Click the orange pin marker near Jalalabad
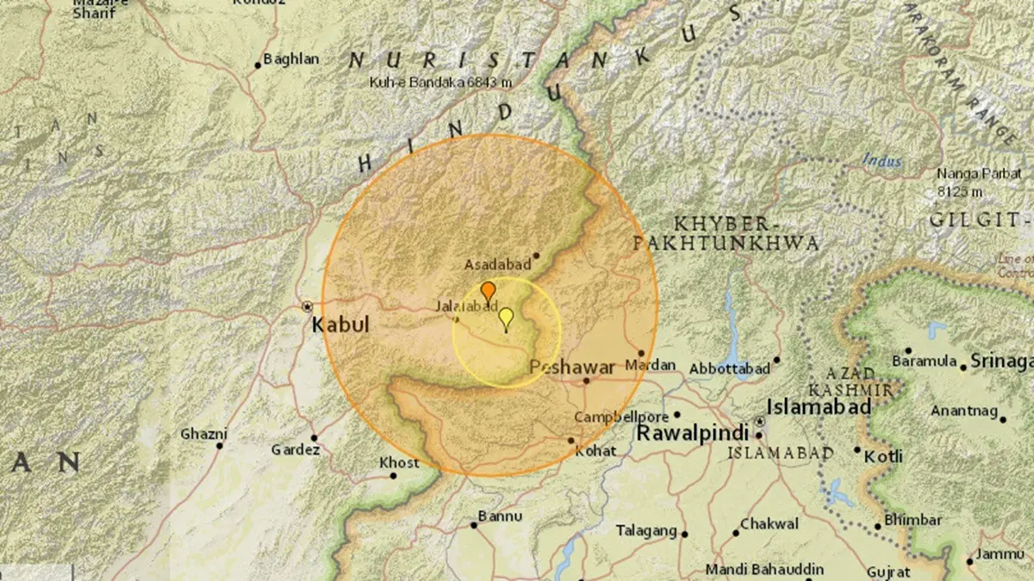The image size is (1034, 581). pos(488,291)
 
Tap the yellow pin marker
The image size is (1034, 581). pos(506,318)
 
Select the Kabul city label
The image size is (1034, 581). pos(339,324)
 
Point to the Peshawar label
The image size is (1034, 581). pos(572,367)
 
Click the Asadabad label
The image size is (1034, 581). pos(497,264)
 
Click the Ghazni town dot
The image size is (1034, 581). pos(220,445)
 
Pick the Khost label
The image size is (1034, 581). pos(400,463)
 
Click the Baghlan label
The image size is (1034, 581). pos(290,59)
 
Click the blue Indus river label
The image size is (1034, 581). pos(882,161)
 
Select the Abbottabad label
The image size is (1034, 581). pos(729,368)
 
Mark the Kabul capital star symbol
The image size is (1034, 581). pos(307,306)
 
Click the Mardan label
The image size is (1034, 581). pos(651,365)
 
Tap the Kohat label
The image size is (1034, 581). pos(596,450)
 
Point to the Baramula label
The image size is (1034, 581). pos(925,361)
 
